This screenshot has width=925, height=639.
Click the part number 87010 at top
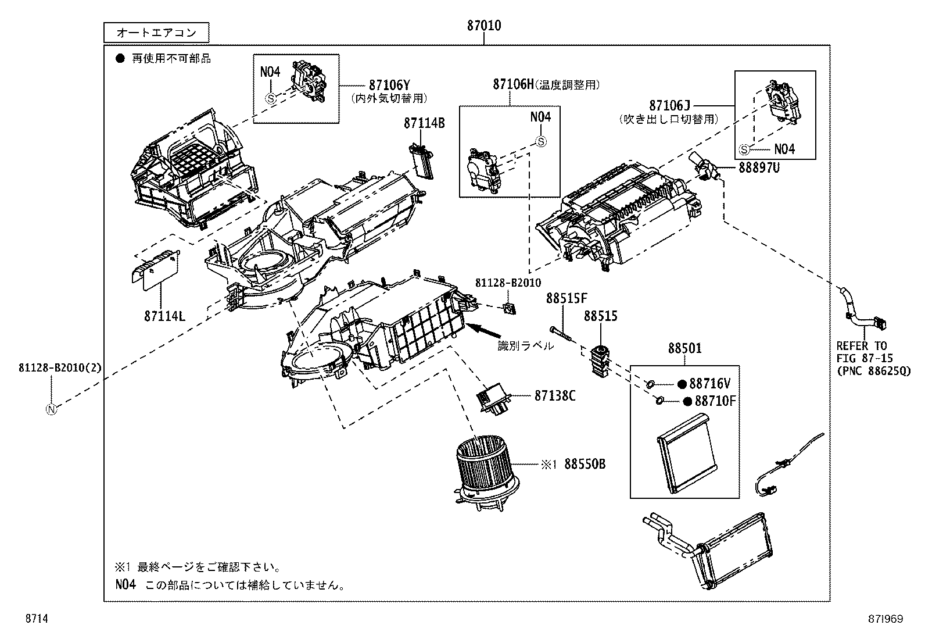click(x=483, y=26)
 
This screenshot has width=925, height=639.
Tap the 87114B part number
click(x=424, y=123)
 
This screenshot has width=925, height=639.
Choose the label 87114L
click(x=164, y=316)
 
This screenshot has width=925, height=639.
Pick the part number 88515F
click(x=566, y=298)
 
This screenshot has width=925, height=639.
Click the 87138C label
click(x=555, y=395)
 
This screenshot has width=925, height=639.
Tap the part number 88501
click(x=684, y=348)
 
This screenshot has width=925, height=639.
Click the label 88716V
click(x=709, y=384)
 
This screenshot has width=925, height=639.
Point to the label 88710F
click(x=709, y=401)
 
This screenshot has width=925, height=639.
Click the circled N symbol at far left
click(x=52, y=409)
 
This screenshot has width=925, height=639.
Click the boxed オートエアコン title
click(x=156, y=33)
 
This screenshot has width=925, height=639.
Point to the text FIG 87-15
click(x=865, y=358)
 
